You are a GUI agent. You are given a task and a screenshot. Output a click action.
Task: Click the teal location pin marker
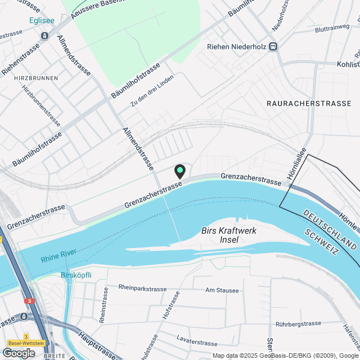180,170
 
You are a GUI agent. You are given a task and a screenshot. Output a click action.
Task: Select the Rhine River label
58,259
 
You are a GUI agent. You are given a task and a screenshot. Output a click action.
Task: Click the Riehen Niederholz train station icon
273,47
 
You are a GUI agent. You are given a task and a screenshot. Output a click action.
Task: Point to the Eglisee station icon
44,35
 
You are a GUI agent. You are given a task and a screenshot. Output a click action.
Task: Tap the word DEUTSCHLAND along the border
328,231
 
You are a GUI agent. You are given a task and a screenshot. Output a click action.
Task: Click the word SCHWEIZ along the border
319,244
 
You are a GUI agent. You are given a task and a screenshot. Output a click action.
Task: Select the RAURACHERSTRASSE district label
309,104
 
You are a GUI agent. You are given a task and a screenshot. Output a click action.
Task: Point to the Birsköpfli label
76,276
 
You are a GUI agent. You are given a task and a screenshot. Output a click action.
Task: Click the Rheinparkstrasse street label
142,287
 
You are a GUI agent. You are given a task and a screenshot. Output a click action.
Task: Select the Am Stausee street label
222,290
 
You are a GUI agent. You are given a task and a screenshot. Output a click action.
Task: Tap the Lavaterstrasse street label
196,343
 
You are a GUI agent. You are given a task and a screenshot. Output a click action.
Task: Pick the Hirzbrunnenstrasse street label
41,105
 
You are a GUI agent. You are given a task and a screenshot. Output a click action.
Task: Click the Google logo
19,353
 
